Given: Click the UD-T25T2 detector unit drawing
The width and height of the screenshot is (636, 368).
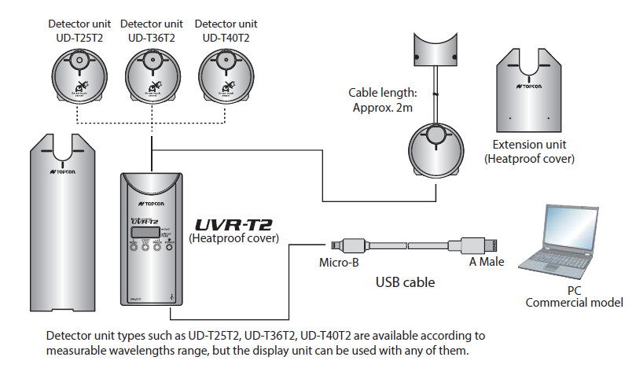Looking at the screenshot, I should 78,78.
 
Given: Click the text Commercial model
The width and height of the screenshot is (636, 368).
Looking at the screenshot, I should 574,303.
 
